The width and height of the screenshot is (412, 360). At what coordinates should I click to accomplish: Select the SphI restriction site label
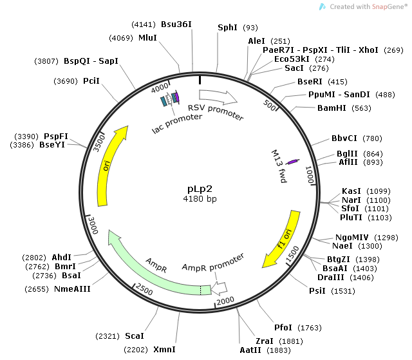[x=227, y=27]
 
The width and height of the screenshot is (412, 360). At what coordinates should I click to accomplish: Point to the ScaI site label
[x=134, y=336]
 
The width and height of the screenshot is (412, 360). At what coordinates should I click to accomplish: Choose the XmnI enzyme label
[x=164, y=350]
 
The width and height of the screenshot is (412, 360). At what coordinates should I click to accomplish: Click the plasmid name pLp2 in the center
[x=198, y=189]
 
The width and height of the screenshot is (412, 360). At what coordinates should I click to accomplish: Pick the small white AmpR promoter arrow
[x=220, y=287]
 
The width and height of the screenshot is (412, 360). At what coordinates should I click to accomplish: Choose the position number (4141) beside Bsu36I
[x=142, y=24]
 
